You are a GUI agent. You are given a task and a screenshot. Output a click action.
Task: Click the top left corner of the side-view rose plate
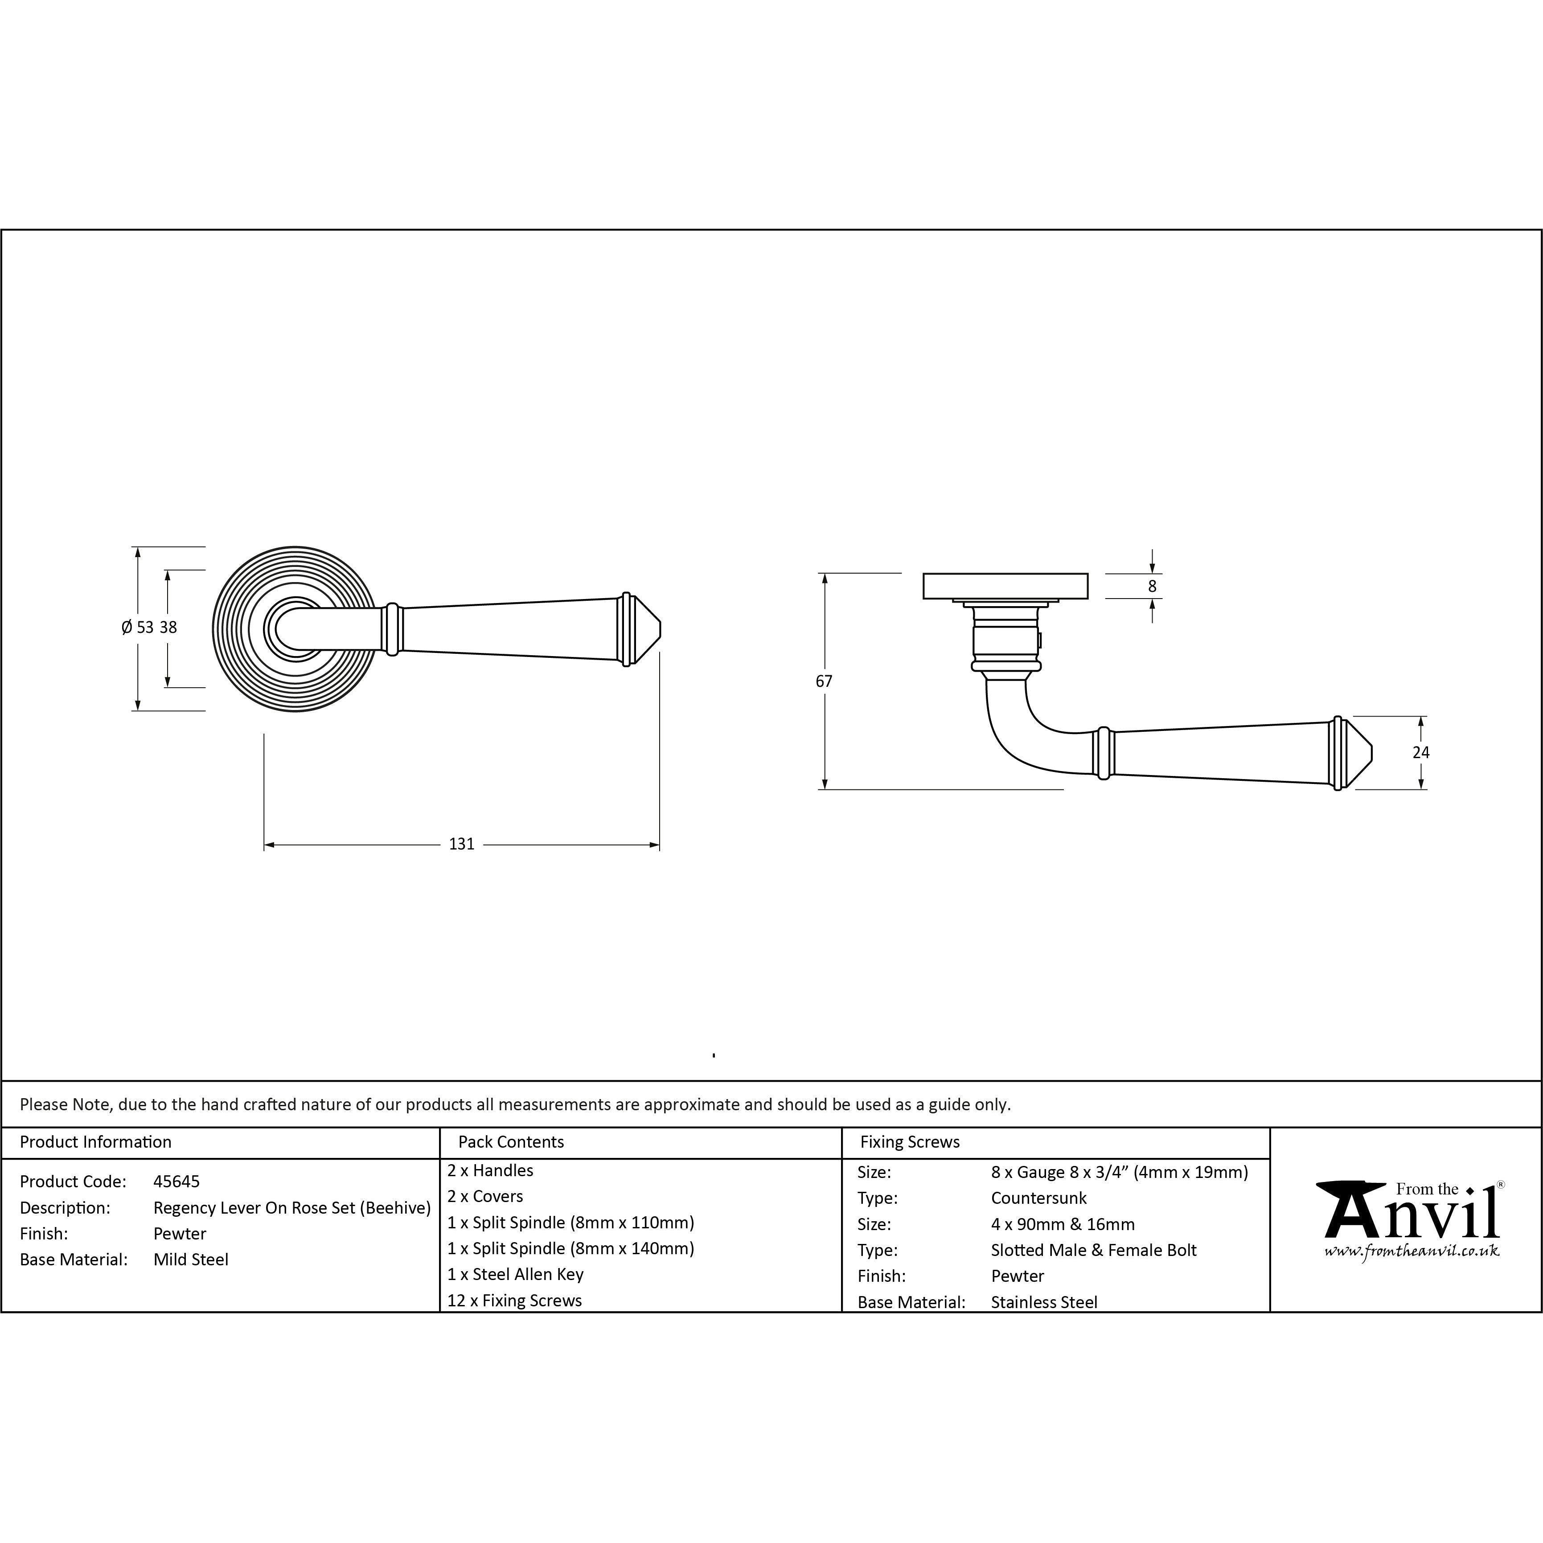tap(923, 574)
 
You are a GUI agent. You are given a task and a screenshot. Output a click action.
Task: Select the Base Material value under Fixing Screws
tap(1044, 1303)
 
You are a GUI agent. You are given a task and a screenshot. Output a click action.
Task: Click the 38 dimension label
tap(168, 628)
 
